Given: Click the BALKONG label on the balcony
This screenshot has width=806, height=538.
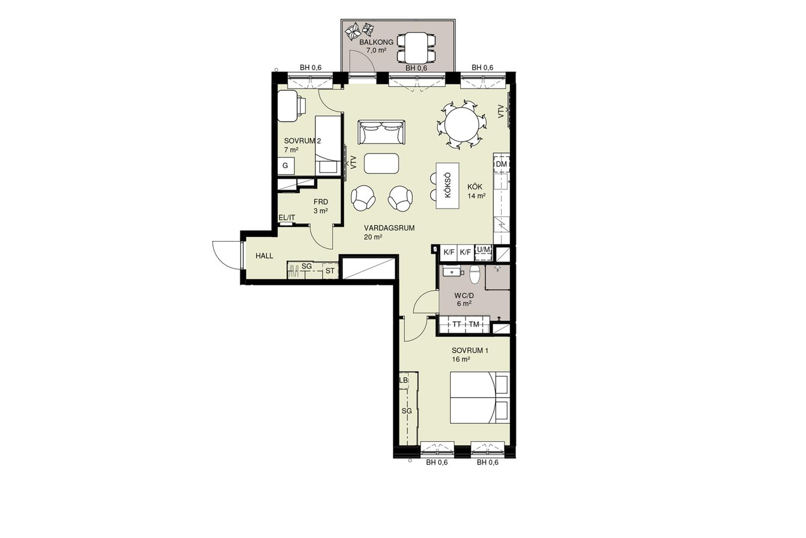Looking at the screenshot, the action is click(x=376, y=43).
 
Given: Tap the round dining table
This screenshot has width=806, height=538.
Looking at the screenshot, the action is click(x=461, y=125).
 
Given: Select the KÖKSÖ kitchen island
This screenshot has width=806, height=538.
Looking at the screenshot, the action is click(x=448, y=185).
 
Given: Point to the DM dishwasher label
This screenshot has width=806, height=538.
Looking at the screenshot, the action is click(x=501, y=164).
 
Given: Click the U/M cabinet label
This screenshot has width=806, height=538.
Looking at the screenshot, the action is click(x=483, y=249).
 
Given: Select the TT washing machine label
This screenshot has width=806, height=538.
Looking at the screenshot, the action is click(x=457, y=324).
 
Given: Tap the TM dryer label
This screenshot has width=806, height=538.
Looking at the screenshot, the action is click(x=474, y=324).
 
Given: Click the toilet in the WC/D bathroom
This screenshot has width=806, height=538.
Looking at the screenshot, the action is click(x=474, y=275).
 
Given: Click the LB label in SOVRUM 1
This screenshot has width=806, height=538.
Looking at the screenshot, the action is click(x=404, y=380).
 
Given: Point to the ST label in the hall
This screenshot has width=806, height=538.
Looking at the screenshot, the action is click(x=330, y=271).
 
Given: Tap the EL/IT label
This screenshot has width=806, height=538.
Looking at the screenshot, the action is click(x=287, y=217).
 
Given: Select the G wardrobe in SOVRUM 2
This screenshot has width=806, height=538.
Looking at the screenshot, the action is click(x=286, y=165).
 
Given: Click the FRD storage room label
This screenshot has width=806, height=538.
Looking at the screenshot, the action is click(x=320, y=202).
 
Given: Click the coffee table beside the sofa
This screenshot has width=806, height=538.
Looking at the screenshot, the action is click(x=381, y=164).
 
